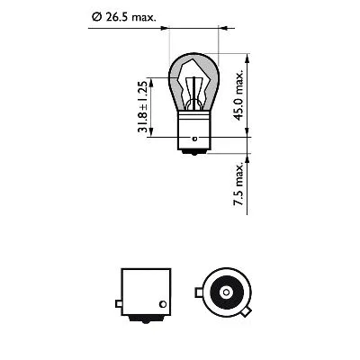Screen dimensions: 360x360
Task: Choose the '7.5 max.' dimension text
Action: (x=238, y=185)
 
